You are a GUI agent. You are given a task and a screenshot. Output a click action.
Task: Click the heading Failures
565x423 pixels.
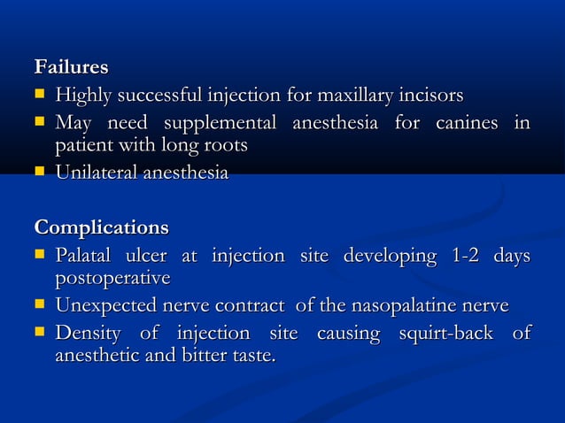71,67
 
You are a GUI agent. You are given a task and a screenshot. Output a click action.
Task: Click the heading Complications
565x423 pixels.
101,228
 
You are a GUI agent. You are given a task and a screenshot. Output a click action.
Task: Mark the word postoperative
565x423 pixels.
112,279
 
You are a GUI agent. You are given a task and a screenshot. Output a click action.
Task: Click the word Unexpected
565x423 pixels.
105,306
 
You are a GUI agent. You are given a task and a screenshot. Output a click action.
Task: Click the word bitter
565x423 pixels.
210,357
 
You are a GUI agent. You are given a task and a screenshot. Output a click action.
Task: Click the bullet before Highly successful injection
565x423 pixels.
40,95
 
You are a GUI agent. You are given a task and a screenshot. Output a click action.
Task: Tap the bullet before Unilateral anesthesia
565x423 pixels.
40,173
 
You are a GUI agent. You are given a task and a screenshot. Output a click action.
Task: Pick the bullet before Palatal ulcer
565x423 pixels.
40,256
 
